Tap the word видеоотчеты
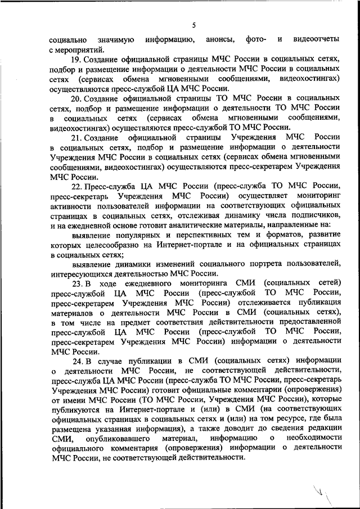[x=315, y=39]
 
